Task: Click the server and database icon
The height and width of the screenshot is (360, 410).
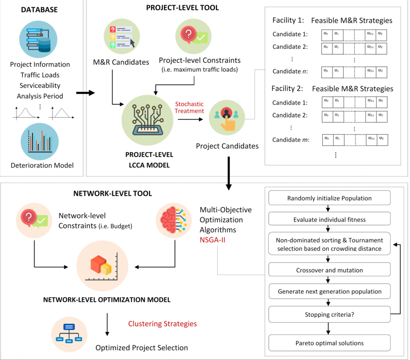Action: [38, 39]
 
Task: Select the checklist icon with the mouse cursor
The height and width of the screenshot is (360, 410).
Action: [122, 36]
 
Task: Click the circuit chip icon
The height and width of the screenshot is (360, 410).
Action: [147, 120]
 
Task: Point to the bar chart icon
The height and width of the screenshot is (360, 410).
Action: [40, 141]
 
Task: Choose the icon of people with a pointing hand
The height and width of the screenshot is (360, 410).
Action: [227, 118]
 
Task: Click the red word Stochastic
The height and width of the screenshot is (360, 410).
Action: [189, 104]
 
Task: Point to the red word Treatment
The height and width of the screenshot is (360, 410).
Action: [189, 111]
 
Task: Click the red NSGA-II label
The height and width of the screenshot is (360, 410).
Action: [212, 240]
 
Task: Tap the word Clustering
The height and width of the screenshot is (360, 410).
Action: [145, 324]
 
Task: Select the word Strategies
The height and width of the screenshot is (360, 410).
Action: [180, 324]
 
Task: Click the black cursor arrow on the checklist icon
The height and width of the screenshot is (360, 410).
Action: [132, 43]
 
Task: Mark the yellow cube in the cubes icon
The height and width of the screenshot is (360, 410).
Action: [106, 269]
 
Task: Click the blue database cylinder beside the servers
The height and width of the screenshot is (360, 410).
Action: [44, 46]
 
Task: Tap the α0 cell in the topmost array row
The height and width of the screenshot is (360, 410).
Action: [326, 34]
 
